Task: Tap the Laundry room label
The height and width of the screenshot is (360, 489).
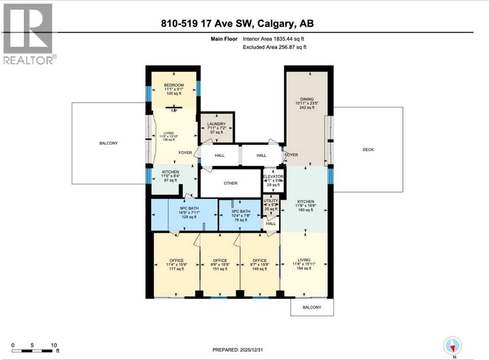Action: (216, 124)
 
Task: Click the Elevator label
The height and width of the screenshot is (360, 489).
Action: (274, 177)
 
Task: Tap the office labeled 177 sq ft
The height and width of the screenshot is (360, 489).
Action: (170, 260)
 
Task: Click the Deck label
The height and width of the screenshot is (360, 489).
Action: (368, 149)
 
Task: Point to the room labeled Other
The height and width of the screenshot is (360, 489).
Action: (230, 183)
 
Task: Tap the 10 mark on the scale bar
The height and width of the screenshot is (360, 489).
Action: (54, 345)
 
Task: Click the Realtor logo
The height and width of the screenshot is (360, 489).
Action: (29, 33)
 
